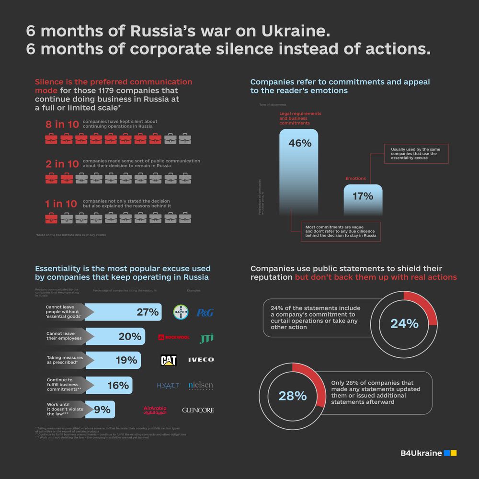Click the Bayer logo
pyautogui.click(x=181, y=312)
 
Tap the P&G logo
pyautogui.click(x=205, y=313)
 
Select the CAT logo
pyautogui.click(x=169, y=360)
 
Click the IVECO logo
pyautogui.click(x=201, y=360)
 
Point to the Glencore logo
pyautogui.click(x=198, y=411)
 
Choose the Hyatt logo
pyautogui.click(x=168, y=385)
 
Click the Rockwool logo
pyautogui.click(x=174, y=337)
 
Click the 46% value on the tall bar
pyautogui.click(x=300, y=143)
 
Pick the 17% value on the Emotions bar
pyautogui.click(x=363, y=196)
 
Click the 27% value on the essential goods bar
pyautogui.click(x=148, y=312)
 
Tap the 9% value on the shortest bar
pyautogui.click(x=102, y=410)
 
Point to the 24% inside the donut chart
pyautogui.click(x=404, y=324)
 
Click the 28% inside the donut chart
pyautogui.click(x=293, y=396)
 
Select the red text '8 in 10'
pyautogui.click(x=62, y=125)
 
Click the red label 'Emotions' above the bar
pyautogui.click(x=355, y=179)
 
